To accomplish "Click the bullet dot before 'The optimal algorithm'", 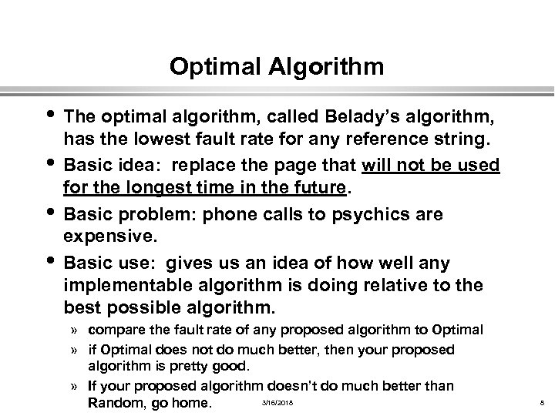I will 51,116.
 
